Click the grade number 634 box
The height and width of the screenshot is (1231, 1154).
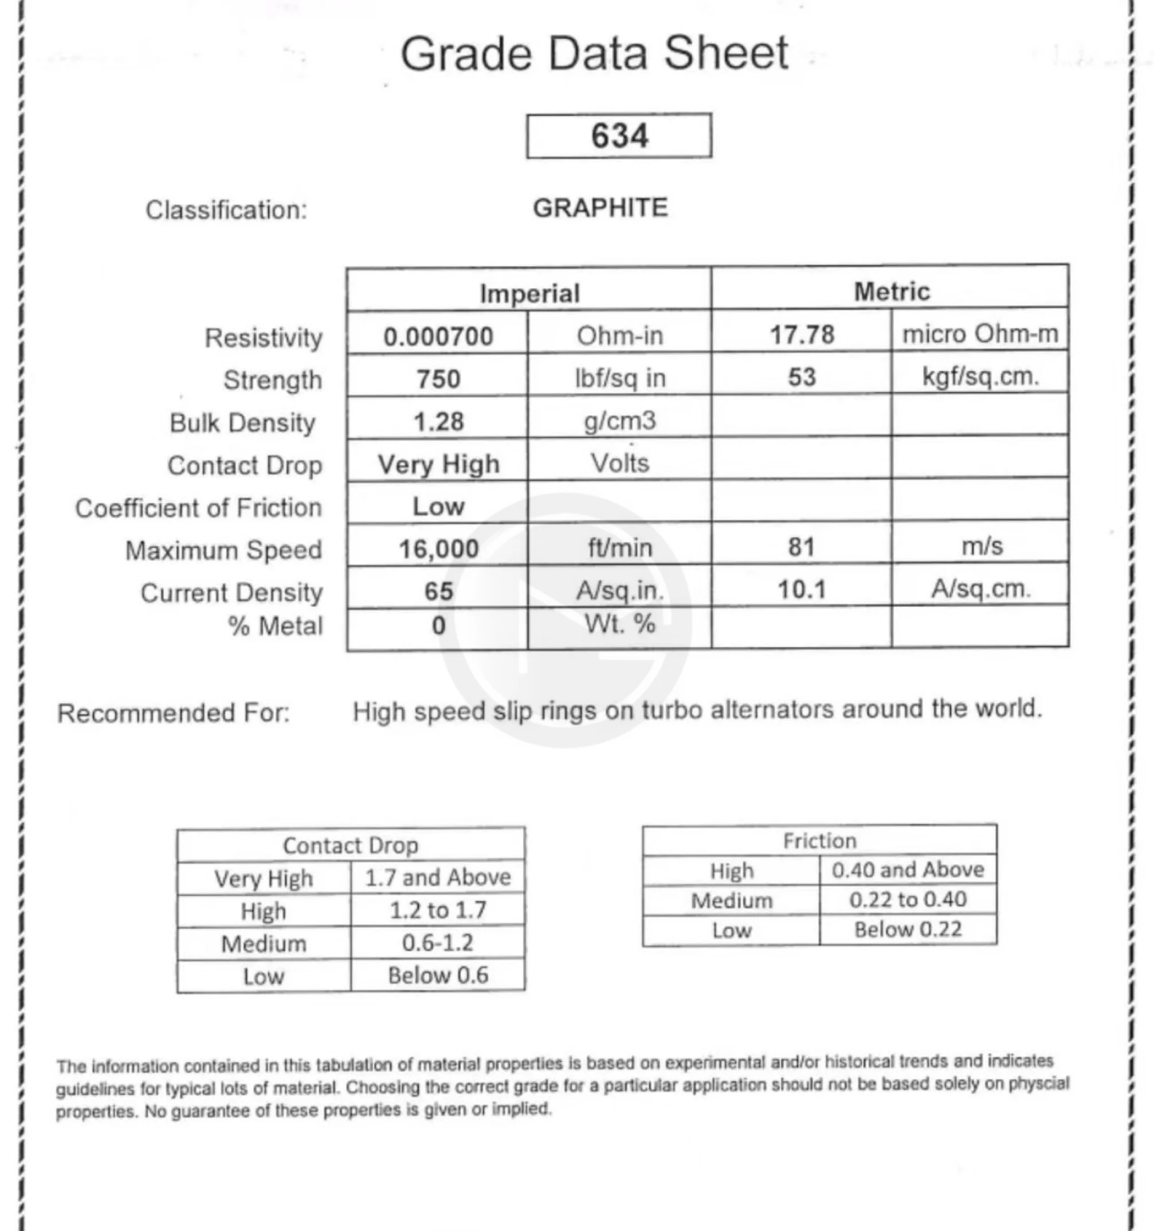click(619, 136)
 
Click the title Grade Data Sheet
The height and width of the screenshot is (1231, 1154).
click(594, 53)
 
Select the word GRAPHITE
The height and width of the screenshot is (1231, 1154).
click(600, 208)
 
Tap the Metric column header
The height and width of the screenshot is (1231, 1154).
click(892, 292)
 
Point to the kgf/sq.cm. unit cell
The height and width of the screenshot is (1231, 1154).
click(980, 377)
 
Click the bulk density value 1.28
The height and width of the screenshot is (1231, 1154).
click(438, 422)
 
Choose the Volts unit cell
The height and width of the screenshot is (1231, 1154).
click(620, 463)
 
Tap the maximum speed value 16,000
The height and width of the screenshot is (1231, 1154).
click(438, 548)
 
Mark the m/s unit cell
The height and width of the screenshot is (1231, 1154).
click(982, 546)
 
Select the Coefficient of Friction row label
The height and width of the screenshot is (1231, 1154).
click(199, 508)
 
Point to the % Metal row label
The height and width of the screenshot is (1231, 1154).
click(276, 626)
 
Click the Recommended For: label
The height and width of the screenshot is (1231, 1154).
click(174, 713)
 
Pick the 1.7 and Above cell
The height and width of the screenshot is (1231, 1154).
click(438, 877)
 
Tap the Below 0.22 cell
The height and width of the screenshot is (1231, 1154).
click(908, 930)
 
